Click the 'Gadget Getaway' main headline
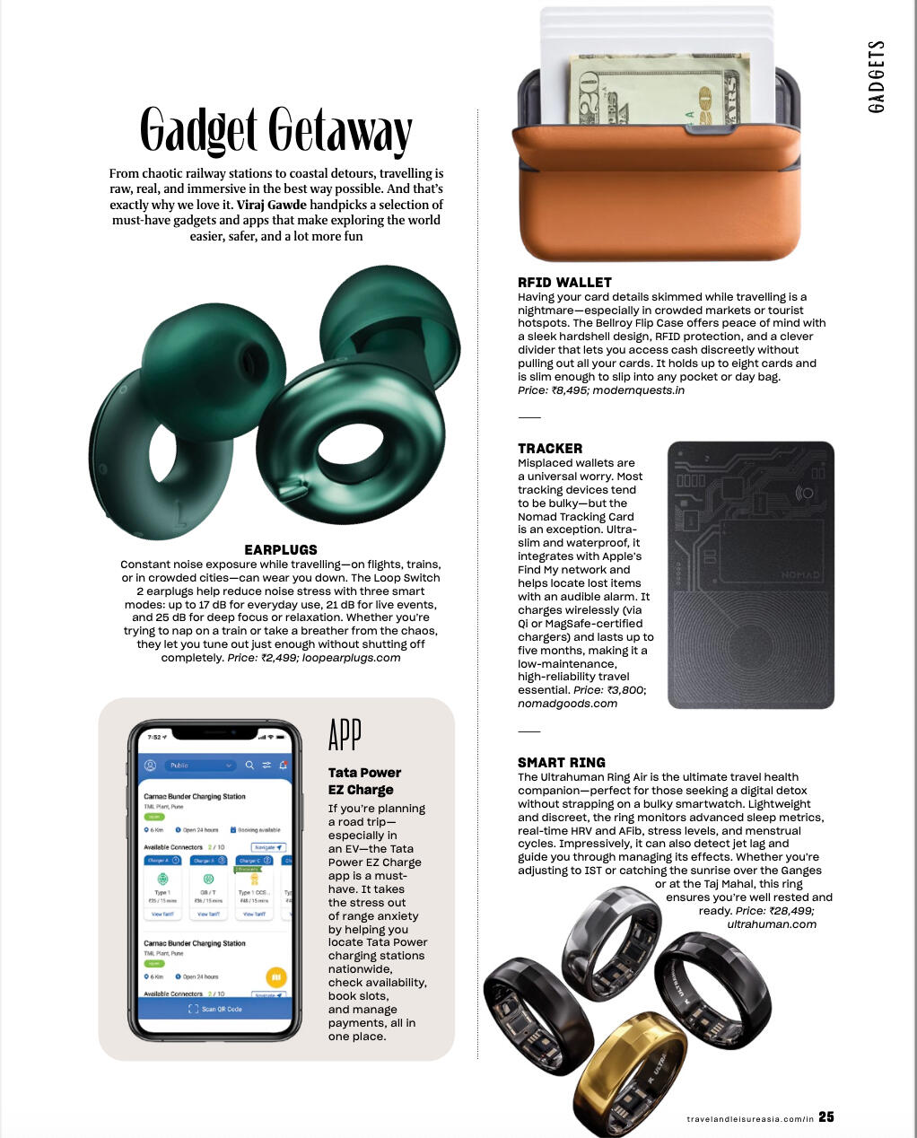coord(275,131)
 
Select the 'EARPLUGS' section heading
coord(281,549)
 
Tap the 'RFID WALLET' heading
coord(564,282)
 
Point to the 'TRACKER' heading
coord(550,448)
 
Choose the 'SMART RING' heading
coord(562,762)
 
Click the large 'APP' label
coord(345,735)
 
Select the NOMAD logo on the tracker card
coord(800,574)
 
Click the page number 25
coord(826,1116)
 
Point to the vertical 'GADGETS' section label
coord(877,76)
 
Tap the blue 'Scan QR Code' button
coord(215,1009)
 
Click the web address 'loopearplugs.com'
coord(352,658)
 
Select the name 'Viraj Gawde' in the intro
coord(271,205)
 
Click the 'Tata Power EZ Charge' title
coord(363,781)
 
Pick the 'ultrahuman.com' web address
coord(772,924)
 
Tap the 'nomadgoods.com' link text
coord(567,704)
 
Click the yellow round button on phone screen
coord(276,976)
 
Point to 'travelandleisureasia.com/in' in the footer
coord(750,1118)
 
